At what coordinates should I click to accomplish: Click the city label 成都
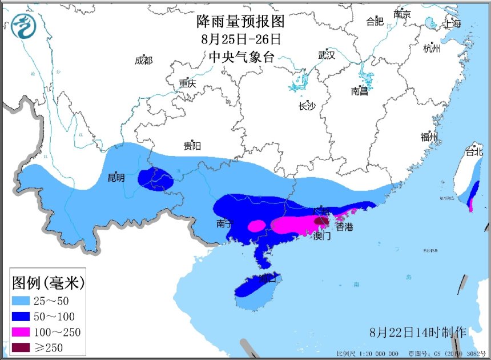pyautogui.click(x=144, y=61)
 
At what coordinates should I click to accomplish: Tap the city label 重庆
pyautogui.click(x=187, y=83)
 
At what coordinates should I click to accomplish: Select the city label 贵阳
pyautogui.click(x=192, y=146)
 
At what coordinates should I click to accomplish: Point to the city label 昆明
pyautogui.click(x=116, y=178)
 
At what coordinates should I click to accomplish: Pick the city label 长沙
pyautogui.click(x=307, y=106)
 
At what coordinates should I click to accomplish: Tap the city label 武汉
pyautogui.click(x=327, y=55)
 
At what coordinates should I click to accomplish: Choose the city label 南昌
pyautogui.click(x=360, y=91)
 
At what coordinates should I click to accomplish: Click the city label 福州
pyautogui.click(x=429, y=137)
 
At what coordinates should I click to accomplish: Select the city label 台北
pyautogui.click(x=474, y=152)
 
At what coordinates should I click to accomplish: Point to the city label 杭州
pyautogui.click(x=432, y=49)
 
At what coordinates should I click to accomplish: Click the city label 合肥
pyautogui.click(x=375, y=22)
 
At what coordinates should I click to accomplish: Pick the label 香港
pyautogui.click(x=344, y=227)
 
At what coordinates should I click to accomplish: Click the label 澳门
pyautogui.click(x=322, y=235)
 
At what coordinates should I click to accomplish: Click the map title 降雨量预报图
pyautogui.click(x=240, y=22)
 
